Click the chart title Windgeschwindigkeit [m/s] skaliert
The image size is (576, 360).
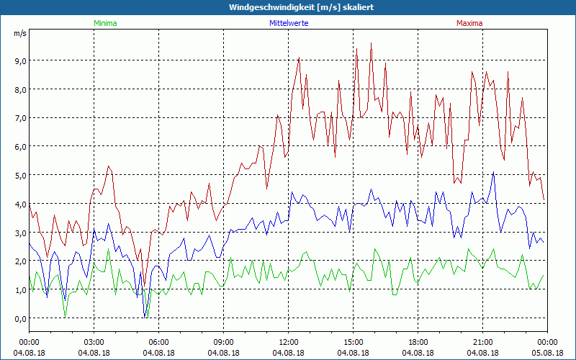292,7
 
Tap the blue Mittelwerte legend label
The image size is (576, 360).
289,23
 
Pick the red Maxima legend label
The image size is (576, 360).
469,23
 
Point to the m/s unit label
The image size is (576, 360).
19,33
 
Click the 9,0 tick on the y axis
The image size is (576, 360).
19,60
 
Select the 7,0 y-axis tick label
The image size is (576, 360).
19,117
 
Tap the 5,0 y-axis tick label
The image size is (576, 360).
19,175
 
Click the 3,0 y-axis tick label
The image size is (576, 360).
19,233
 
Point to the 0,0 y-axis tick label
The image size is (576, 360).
19,318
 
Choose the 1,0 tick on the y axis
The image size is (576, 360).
19,289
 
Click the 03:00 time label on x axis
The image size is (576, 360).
94,342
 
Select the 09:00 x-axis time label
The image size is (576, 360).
224,342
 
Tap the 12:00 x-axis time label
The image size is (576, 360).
289,342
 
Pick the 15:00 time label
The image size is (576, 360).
354,342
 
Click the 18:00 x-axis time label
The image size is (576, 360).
418,342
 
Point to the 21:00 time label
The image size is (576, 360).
483,342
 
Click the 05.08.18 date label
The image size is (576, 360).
548,353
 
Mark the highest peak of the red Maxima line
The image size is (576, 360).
372,43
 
